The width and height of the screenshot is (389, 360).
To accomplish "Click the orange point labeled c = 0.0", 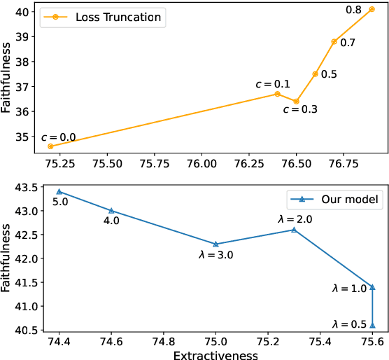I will [x=50, y=146].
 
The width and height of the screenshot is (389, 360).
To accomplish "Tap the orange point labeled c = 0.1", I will [x=277, y=94].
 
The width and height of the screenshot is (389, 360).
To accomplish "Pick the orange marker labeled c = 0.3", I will [x=296, y=102].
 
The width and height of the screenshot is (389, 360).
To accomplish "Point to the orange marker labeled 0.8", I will [x=372, y=9].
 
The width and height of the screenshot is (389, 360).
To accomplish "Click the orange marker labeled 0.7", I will [x=334, y=41].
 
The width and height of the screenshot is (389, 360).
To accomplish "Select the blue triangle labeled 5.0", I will [x=59, y=191].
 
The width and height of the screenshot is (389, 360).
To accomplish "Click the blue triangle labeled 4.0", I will [x=111, y=211].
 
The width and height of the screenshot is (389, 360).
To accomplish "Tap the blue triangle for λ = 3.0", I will [x=215, y=244].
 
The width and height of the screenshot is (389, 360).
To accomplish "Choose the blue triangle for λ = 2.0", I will [x=294, y=230].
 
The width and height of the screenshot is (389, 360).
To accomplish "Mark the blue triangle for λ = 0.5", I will [x=372, y=325].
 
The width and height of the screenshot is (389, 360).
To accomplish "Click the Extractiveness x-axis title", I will [x=215, y=354].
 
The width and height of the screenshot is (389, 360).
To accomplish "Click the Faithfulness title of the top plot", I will [x=6, y=78].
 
